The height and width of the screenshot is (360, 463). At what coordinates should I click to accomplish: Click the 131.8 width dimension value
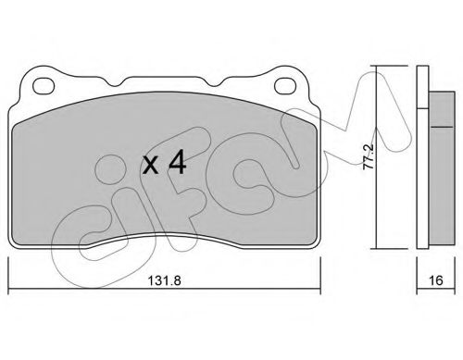click(x=164, y=280)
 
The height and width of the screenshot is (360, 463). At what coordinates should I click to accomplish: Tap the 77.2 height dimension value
click(x=369, y=156)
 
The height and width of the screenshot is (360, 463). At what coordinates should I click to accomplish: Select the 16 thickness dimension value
click(x=436, y=280)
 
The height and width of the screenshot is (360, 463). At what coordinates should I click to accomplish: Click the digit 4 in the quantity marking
click(x=177, y=162)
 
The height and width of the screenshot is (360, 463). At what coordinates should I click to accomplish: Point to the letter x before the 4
click(x=151, y=165)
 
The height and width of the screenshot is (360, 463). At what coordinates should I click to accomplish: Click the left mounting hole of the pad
click(x=44, y=85)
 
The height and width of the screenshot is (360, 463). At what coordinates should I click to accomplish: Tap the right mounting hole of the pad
click(x=285, y=85)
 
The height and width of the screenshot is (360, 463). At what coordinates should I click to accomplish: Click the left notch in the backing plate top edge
click(x=115, y=81)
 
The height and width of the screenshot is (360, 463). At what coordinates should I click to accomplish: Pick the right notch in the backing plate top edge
click(x=214, y=81)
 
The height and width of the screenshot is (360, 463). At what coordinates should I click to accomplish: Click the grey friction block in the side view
click(x=442, y=168)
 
